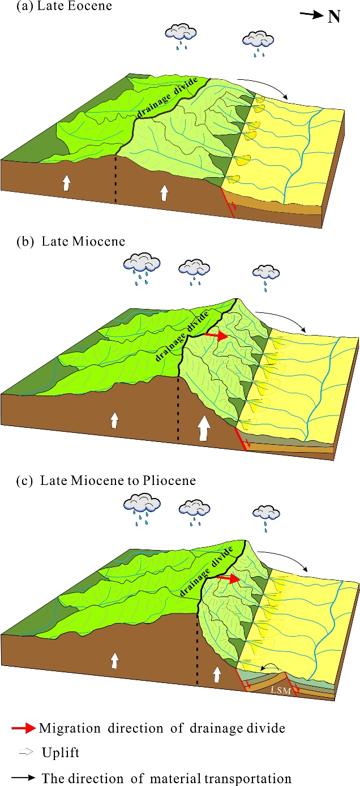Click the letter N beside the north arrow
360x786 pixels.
[334, 16]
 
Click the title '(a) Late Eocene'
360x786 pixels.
[40, 7]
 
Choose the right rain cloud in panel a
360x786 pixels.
[258, 41]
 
